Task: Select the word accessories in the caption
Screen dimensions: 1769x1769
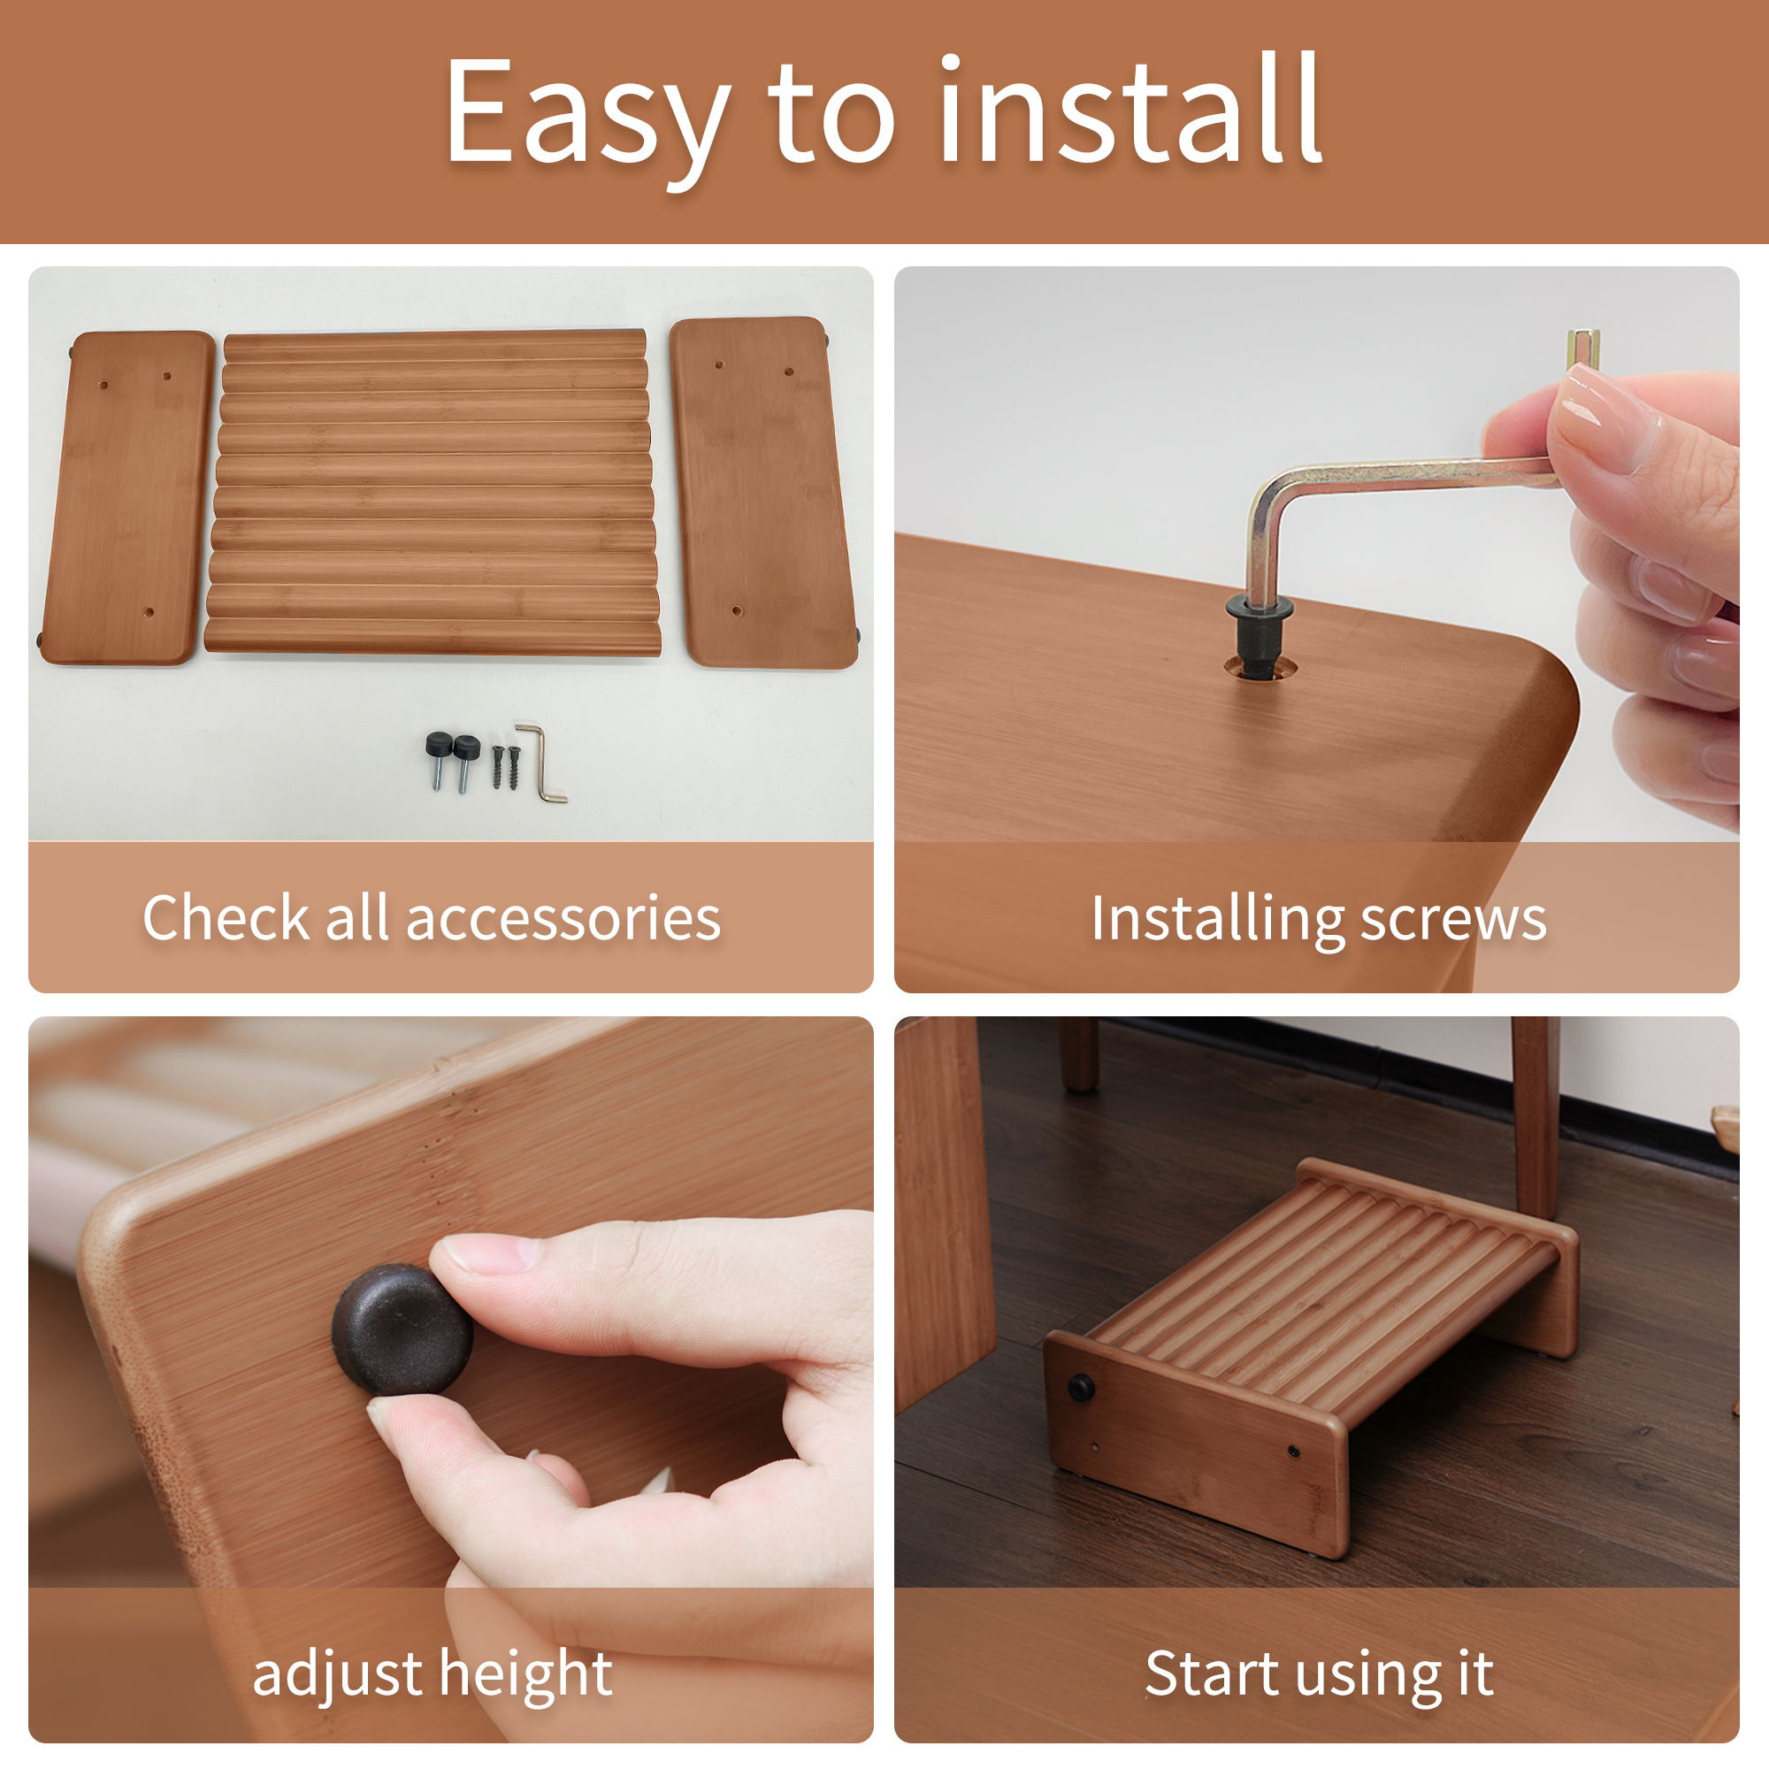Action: (x=563, y=917)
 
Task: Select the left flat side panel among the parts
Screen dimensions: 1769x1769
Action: (x=129, y=498)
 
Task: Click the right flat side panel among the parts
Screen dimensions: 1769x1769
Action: (x=763, y=492)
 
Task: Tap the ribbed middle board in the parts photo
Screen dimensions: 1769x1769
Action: (x=433, y=493)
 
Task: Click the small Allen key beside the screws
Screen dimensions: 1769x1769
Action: (x=545, y=762)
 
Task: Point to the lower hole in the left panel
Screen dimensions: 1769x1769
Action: (x=149, y=613)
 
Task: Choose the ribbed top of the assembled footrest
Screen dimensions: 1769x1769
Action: (x=1319, y=1273)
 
